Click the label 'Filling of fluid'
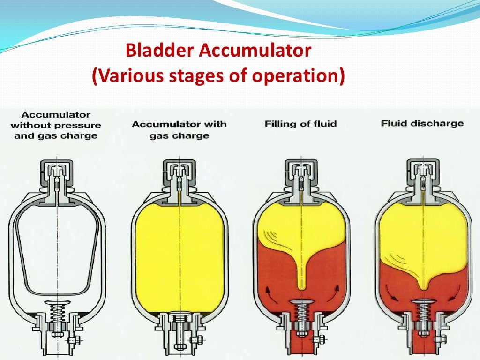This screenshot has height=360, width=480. pos(300,124)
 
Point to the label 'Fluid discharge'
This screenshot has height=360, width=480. pos(422,124)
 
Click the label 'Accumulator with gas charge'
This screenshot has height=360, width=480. pos(179,130)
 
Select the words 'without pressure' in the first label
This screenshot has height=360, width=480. pos(55,125)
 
